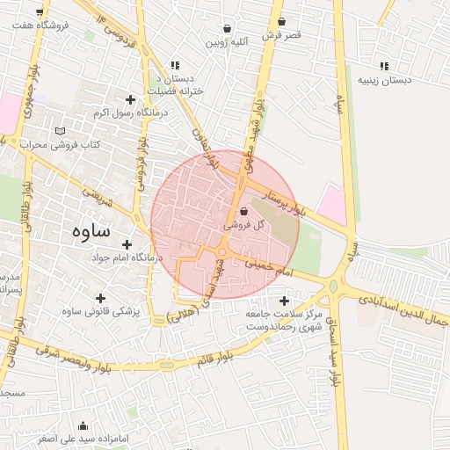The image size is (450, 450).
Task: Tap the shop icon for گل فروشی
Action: pyautogui.click(x=243, y=211)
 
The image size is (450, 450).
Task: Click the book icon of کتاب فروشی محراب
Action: pyautogui.click(x=60, y=131)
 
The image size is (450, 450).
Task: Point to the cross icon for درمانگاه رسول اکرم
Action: pyautogui.click(x=131, y=99)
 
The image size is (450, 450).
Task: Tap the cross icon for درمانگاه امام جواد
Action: pyautogui.click(x=127, y=244)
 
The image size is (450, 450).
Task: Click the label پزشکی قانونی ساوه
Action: pyautogui.click(x=99, y=311)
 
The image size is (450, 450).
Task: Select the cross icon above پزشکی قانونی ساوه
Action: pyautogui.click(x=99, y=298)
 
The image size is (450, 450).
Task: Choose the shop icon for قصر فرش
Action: pyautogui.click(x=281, y=22)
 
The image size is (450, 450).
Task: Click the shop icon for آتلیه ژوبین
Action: pyautogui.click(x=228, y=28)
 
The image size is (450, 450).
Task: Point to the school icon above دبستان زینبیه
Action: pyautogui.click(x=383, y=65)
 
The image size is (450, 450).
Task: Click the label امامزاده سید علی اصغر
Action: pyautogui.click(x=83, y=437)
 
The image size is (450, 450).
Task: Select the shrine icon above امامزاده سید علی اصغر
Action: pyautogui.click(x=83, y=425)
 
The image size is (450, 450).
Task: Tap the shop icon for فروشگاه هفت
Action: pyautogui.click(x=40, y=12)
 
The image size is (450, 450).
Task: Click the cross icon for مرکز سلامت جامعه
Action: pyautogui.click(x=284, y=301)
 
